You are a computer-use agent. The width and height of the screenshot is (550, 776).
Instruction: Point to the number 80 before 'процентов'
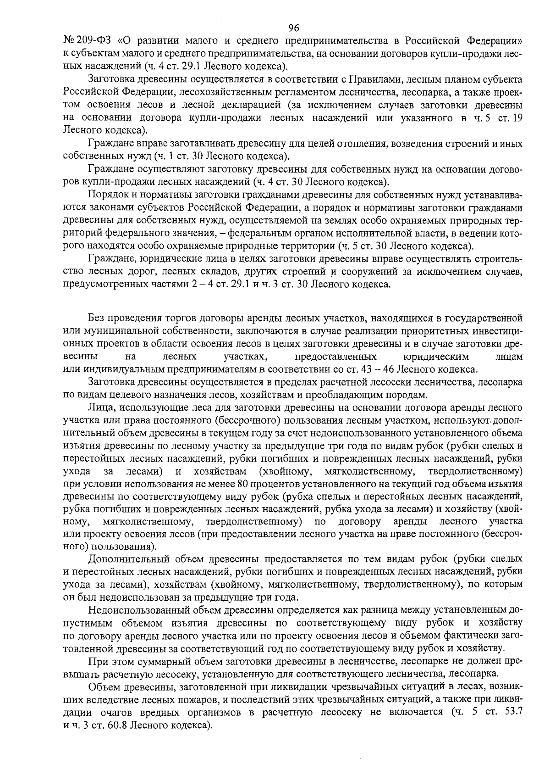[242, 484]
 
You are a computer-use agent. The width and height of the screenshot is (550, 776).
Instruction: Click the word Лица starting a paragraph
[96, 407]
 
